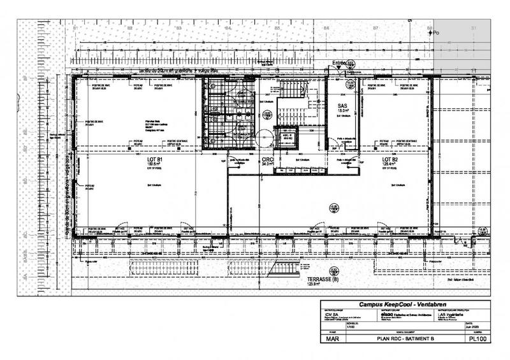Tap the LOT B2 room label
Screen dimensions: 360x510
pos(390,159)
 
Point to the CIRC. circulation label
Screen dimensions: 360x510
pos(268,159)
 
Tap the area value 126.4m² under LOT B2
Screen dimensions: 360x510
pos(390,164)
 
